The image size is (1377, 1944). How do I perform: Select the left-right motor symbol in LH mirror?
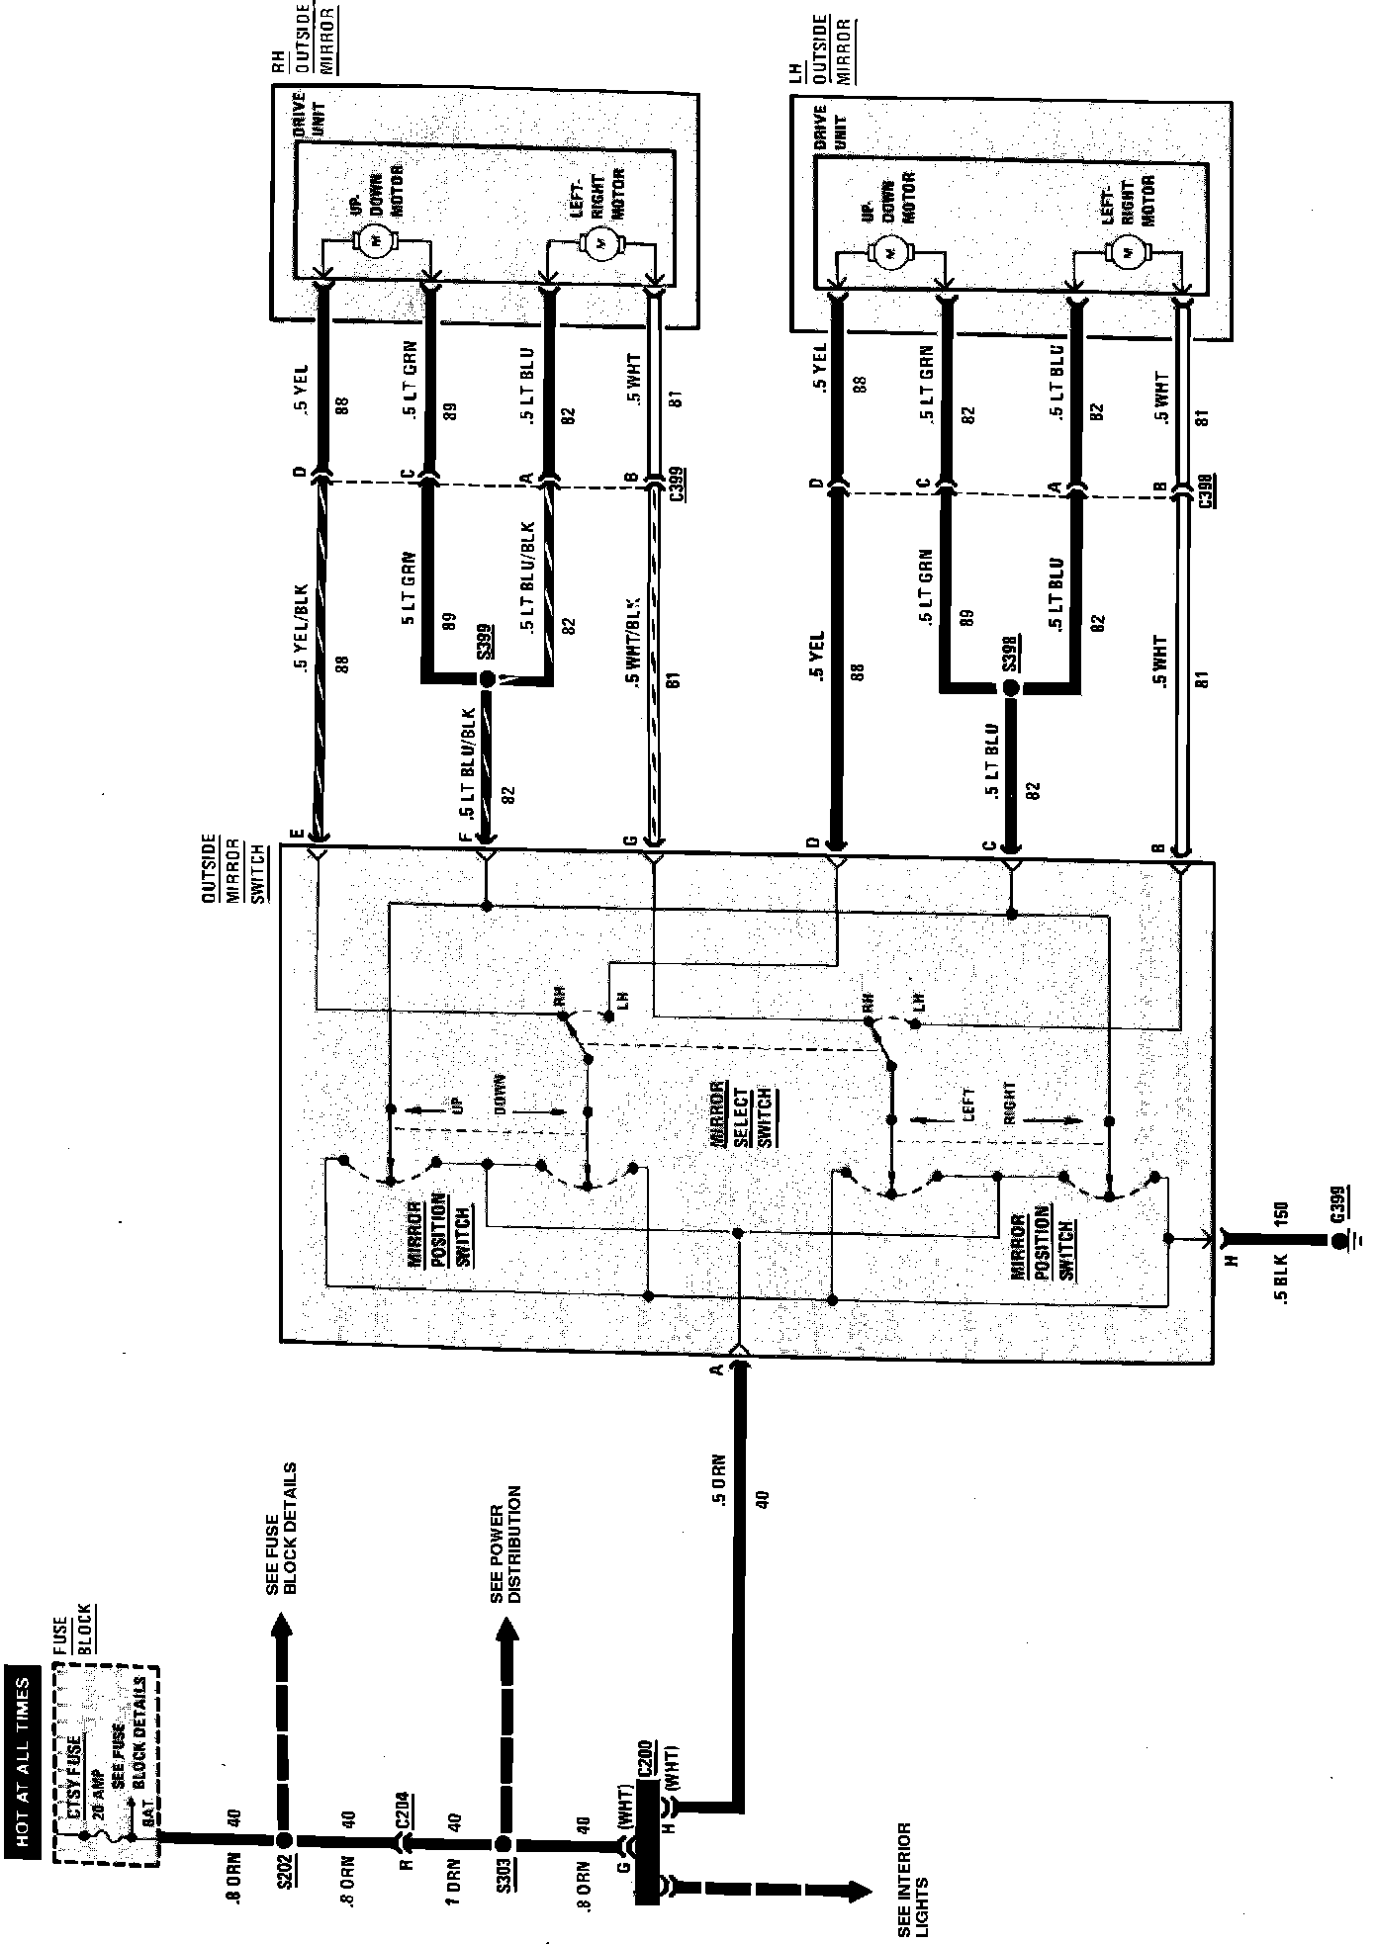[1125, 252]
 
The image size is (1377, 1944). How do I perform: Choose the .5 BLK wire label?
[1283, 1281]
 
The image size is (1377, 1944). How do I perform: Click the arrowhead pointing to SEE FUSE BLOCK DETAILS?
[283, 1630]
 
